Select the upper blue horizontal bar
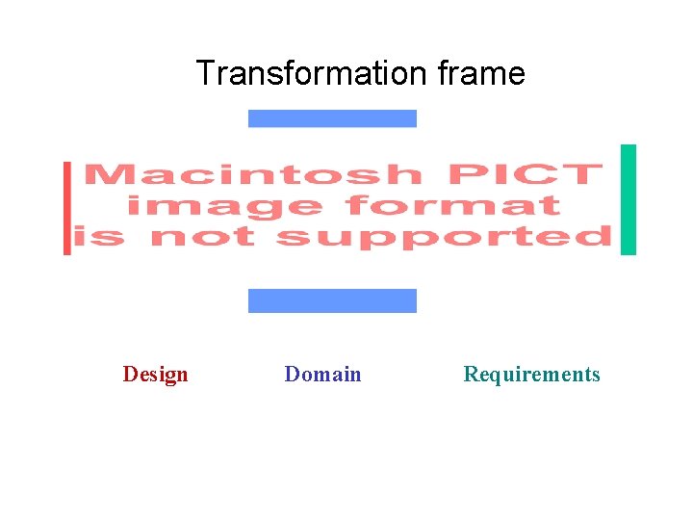click(x=332, y=118)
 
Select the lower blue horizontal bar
click(x=332, y=300)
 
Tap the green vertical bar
click(x=629, y=199)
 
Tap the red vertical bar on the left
click(x=67, y=208)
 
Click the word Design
click(x=155, y=374)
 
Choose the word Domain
click(x=322, y=374)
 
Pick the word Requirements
click(x=531, y=374)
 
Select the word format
click(x=452, y=206)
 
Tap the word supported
click(x=444, y=237)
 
